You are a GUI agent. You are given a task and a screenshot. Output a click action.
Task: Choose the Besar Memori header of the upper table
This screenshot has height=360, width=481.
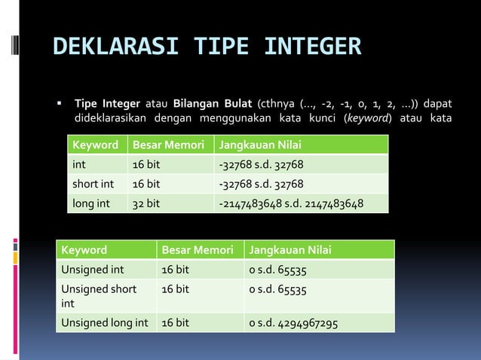pyautogui.click(x=170, y=145)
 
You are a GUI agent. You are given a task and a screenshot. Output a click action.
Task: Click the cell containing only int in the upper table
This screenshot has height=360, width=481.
pyautogui.click(x=78, y=165)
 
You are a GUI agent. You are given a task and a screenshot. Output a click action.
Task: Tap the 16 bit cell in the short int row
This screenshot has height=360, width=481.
pyautogui.click(x=146, y=184)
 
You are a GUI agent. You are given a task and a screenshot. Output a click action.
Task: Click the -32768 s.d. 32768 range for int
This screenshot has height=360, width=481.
pyautogui.click(x=261, y=165)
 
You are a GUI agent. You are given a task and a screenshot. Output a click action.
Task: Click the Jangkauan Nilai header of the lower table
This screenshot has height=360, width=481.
pyautogui.click(x=290, y=250)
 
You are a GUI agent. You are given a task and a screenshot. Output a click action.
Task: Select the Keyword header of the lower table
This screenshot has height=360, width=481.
pyautogui.click(x=84, y=250)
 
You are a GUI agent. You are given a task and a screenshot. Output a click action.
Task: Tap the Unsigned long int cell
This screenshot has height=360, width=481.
pyautogui.click(x=104, y=323)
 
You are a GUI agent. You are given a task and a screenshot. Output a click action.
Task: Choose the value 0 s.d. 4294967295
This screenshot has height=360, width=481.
pyautogui.click(x=293, y=323)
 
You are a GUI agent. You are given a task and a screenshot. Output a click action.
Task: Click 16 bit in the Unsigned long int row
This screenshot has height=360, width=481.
pyautogui.click(x=175, y=323)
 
